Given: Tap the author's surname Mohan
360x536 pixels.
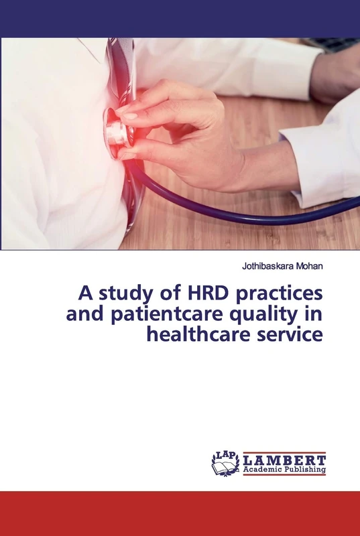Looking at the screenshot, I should point(308,266).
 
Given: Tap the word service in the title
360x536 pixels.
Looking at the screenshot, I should point(290,334).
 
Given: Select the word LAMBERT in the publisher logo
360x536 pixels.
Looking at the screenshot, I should point(284,460).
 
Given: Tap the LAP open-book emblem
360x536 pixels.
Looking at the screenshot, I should point(225,463).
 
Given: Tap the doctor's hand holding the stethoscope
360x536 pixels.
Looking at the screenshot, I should point(181,127).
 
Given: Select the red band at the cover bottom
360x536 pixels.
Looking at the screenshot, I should point(180,513).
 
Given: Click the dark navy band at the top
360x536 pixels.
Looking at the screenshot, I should point(180,18).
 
